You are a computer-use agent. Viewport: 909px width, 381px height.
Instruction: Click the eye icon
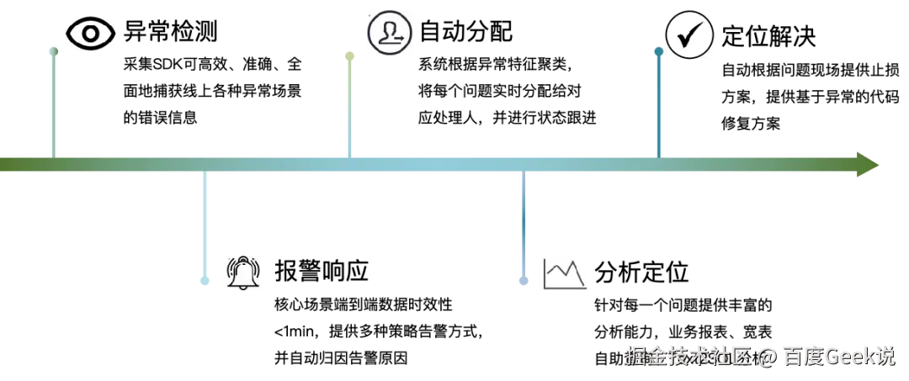click(91, 34)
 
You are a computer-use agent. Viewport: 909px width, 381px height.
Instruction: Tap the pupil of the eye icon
click(91, 34)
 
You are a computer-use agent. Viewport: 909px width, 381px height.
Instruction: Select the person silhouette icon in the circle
click(391, 34)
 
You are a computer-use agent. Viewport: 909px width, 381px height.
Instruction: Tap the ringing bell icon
click(242, 274)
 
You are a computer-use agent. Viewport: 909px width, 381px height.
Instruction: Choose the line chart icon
click(565, 275)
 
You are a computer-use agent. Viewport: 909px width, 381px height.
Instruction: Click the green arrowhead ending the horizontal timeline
click(869, 165)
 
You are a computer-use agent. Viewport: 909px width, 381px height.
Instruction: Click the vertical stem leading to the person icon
click(350, 105)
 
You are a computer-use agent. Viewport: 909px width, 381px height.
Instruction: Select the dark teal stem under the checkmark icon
click(659, 105)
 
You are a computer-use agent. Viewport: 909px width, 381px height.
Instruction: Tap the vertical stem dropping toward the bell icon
click(205, 223)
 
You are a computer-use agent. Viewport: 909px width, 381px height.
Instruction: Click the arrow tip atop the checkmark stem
click(659, 51)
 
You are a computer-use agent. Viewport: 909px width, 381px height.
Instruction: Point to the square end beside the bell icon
click(205, 282)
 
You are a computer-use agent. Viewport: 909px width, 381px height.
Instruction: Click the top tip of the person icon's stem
click(350, 54)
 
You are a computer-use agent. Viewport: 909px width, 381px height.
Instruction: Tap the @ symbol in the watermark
click(765, 357)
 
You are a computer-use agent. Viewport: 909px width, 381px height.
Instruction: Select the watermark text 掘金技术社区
click(687, 357)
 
